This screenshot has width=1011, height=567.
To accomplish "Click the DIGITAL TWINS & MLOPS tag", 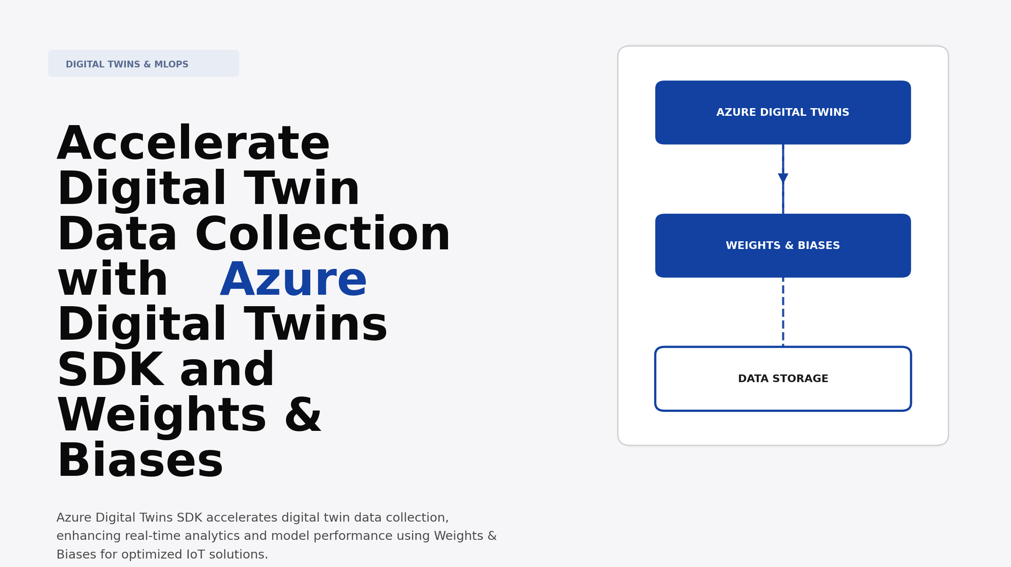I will click(x=143, y=64).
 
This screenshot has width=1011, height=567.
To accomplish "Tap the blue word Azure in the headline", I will click(x=293, y=280).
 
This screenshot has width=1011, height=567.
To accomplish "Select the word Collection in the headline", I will click(x=322, y=235).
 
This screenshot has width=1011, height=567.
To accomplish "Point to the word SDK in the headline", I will click(x=110, y=370).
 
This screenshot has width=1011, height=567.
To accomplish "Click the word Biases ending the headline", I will click(x=140, y=461).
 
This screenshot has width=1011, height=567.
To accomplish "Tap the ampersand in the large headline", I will click(x=303, y=416).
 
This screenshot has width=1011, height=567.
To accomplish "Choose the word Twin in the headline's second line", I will click(x=302, y=189).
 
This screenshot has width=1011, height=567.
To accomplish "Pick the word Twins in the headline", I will click(x=315, y=325).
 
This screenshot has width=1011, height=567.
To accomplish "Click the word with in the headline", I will click(x=113, y=280).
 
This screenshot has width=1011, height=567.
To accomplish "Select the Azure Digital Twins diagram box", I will click(x=783, y=112).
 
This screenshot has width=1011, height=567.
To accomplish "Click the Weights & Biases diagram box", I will click(x=783, y=246).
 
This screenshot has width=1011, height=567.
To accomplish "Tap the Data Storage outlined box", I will click(x=783, y=379).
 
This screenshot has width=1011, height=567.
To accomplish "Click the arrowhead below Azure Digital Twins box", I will click(x=783, y=178).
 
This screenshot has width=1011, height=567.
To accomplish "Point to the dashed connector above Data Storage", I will click(x=783, y=312).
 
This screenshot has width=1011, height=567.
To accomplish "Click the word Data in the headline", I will click(x=117, y=235).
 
